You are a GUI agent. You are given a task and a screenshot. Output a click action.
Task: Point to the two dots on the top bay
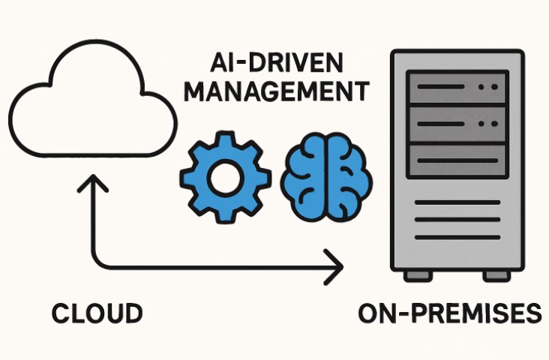[x=486, y=88]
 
